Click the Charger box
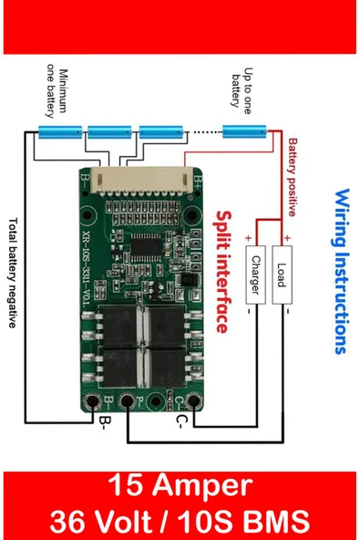coord(256,275)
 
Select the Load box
coord(282,275)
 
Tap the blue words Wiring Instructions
coord(340,271)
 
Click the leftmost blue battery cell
coord(60,133)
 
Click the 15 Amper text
coord(180,485)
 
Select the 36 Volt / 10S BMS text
coord(180,520)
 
